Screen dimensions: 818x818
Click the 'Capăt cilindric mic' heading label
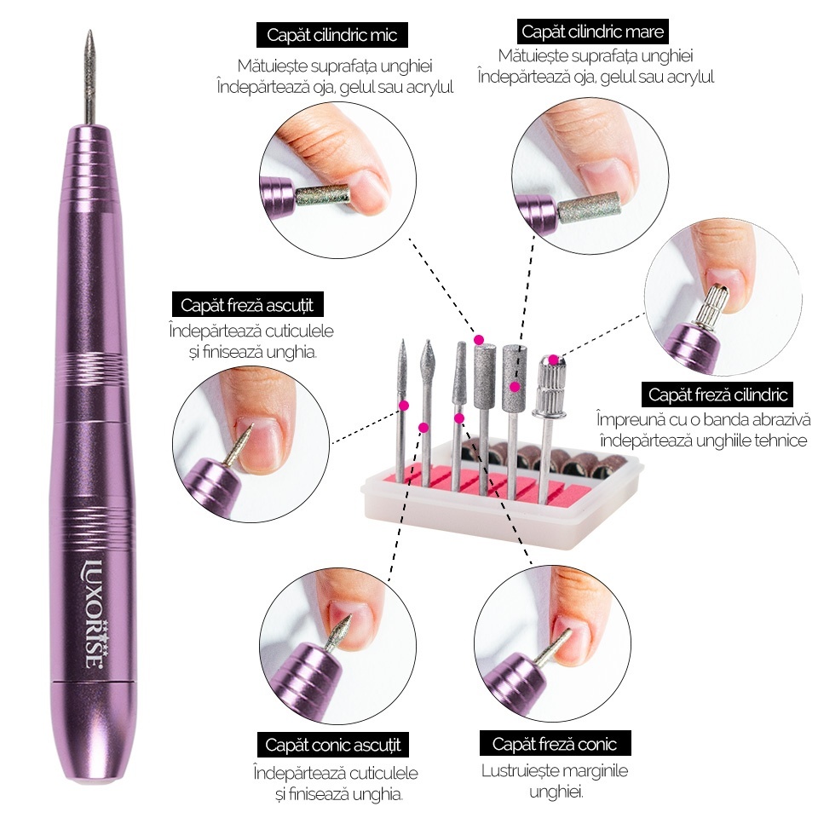pyautogui.click(x=331, y=35)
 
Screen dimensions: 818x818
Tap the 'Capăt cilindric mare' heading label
pyautogui.click(x=592, y=32)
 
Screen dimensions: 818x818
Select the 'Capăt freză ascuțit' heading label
pyautogui.click(x=247, y=305)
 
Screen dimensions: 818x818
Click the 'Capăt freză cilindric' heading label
pyautogui.click(x=717, y=395)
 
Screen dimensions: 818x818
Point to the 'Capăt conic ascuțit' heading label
pyautogui.click(x=333, y=745)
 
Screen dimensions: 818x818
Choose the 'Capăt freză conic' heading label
pyautogui.click(x=555, y=743)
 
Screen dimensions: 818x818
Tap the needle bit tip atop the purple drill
pyautogui.click(x=89, y=32)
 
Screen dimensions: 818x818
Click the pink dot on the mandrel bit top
pyautogui.click(x=552, y=360)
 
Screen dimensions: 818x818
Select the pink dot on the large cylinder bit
pyautogui.click(x=515, y=387)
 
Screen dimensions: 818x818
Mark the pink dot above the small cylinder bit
pyautogui.click(x=479, y=340)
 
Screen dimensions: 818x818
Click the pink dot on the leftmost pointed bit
pyautogui.click(x=403, y=405)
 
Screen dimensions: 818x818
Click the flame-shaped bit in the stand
pyautogui.click(x=428, y=412)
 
